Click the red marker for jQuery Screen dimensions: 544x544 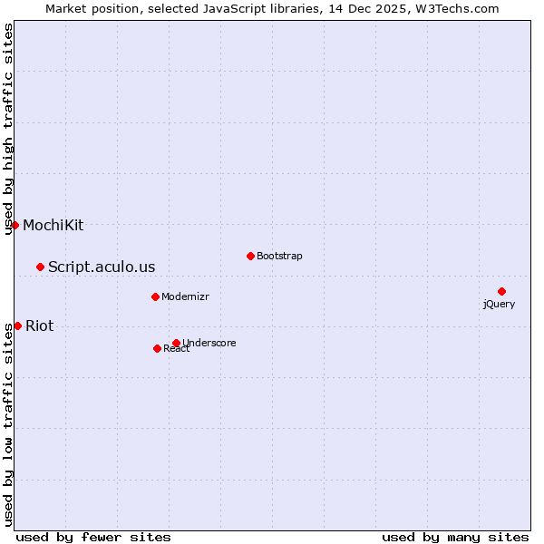[501, 291]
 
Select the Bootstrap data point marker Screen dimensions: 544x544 [250, 256]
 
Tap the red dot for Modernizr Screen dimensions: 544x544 [155, 296]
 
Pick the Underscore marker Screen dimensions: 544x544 [176, 343]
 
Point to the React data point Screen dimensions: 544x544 [157, 348]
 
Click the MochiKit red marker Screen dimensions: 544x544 [15, 225]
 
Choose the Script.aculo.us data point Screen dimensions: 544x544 [40, 267]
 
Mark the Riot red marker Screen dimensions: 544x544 [17, 325]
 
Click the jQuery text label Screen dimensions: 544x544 [499, 305]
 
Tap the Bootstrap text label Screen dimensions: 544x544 [279, 256]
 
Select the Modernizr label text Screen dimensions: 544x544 [185, 296]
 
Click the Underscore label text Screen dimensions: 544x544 [209, 343]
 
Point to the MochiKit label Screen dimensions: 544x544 [53, 225]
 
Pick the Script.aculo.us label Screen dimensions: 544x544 [102, 267]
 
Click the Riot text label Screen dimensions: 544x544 [39, 325]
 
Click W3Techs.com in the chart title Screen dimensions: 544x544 [457, 8]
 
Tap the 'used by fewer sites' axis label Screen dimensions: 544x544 [93, 537]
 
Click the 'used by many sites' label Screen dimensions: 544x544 [455, 537]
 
